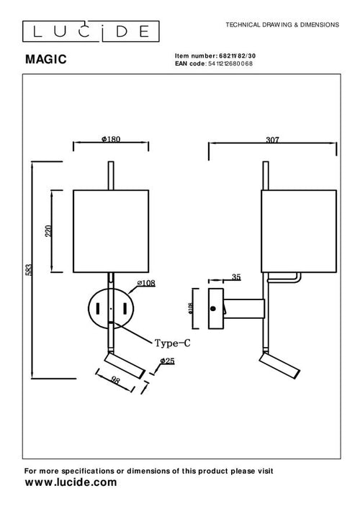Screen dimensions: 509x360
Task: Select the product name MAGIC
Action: click(x=46, y=61)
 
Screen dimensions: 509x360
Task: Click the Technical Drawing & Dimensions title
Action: click(x=282, y=24)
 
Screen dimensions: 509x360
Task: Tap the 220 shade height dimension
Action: click(x=49, y=230)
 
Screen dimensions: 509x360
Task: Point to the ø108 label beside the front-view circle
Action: click(x=146, y=283)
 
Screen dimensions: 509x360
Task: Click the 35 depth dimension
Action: click(x=237, y=276)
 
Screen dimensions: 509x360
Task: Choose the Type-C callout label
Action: click(x=172, y=343)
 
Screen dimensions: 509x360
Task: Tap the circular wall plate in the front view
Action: click(x=110, y=310)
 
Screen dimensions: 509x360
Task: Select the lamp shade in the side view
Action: click(x=298, y=230)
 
